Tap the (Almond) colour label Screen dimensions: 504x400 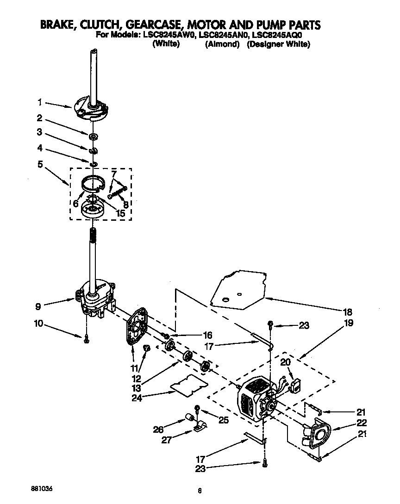[222, 44]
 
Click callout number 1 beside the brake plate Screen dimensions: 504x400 [40, 102]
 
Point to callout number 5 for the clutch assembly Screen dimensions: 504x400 [40, 164]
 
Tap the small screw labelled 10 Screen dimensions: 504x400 [86, 341]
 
